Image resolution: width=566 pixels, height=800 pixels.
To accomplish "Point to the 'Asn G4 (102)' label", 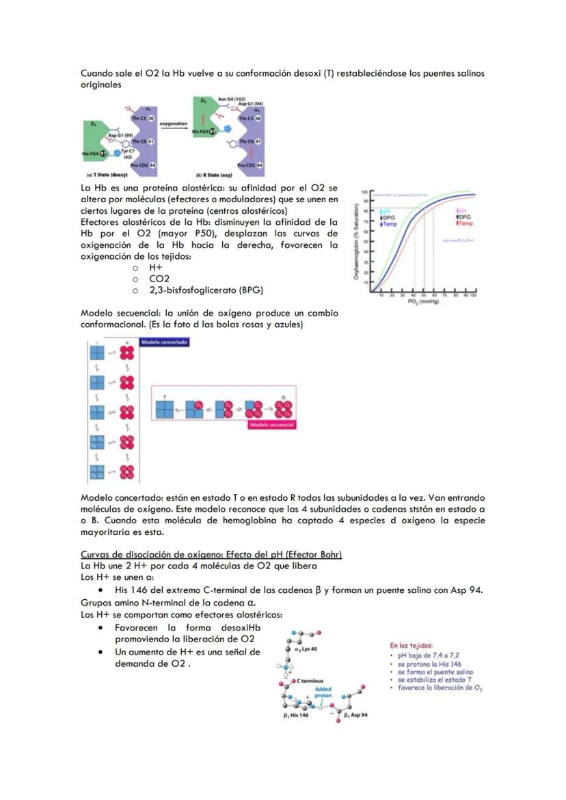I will pyautogui.click(x=231, y=99).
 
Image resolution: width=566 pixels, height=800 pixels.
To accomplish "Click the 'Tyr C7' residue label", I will pyautogui.click(x=128, y=150).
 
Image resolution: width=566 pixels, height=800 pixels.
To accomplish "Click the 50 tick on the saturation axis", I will pyautogui.click(x=367, y=241).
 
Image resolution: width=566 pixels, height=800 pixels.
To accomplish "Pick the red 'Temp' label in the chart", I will pyautogui.click(x=465, y=223).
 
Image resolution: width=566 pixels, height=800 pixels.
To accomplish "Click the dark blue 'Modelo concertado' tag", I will pyautogui.click(x=164, y=342).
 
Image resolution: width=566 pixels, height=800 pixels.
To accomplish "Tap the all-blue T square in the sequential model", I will pyautogui.click(x=166, y=409).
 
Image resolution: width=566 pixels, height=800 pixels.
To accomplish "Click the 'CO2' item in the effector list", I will pyautogui.click(x=159, y=279).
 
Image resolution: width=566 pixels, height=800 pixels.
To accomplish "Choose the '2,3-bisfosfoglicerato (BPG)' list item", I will pyautogui.click(x=206, y=290).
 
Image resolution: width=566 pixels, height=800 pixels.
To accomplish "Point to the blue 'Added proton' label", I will pyautogui.click(x=323, y=693).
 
